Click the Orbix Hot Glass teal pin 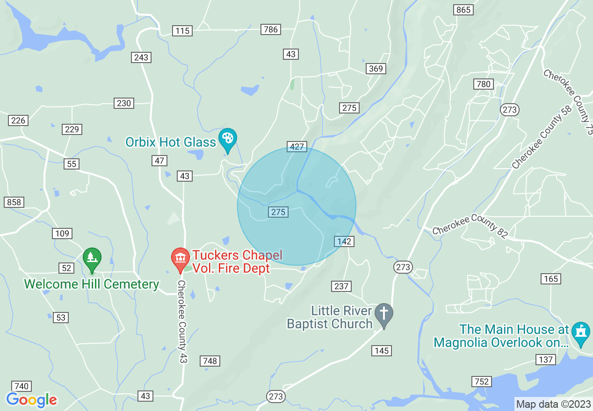pyautogui.click(x=228, y=138)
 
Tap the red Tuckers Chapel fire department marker pyautogui.click(x=180, y=258)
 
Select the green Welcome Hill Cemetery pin pyautogui.click(x=92, y=258)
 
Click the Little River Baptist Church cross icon pyautogui.click(x=384, y=314)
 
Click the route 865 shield pyautogui.click(x=463, y=10)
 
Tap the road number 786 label pyautogui.click(x=271, y=29)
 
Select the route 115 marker pyautogui.click(x=182, y=31)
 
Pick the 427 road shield pyautogui.click(x=297, y=147)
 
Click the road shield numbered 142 pyautogui.click(x=344, y=241)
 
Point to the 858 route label pyautogui.click(x=14, y=202)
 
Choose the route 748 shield pyautogui.click(x=210, y=361)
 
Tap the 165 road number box pyautogui.click(x=551, y=279)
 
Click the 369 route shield pyautogui.click(x=376, y=69)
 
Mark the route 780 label pyautogui.click(x=483, y=84)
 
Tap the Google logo pyautogui.click(x=31, y=400)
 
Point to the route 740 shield pyautogui.click(x=22, y=386)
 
